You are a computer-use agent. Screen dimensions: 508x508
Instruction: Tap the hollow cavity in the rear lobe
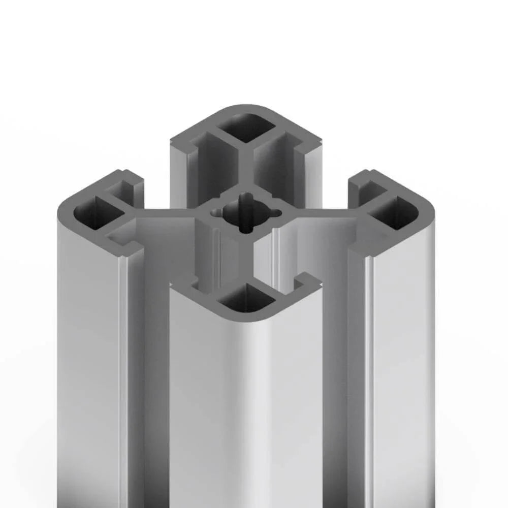[247, 127]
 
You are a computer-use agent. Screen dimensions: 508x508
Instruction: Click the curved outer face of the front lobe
[244, 406]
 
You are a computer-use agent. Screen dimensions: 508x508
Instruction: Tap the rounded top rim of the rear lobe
[249, 110]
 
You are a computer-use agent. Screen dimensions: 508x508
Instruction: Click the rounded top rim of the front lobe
[249, 317]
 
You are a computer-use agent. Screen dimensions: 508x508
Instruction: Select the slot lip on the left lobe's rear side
[130, 180]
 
